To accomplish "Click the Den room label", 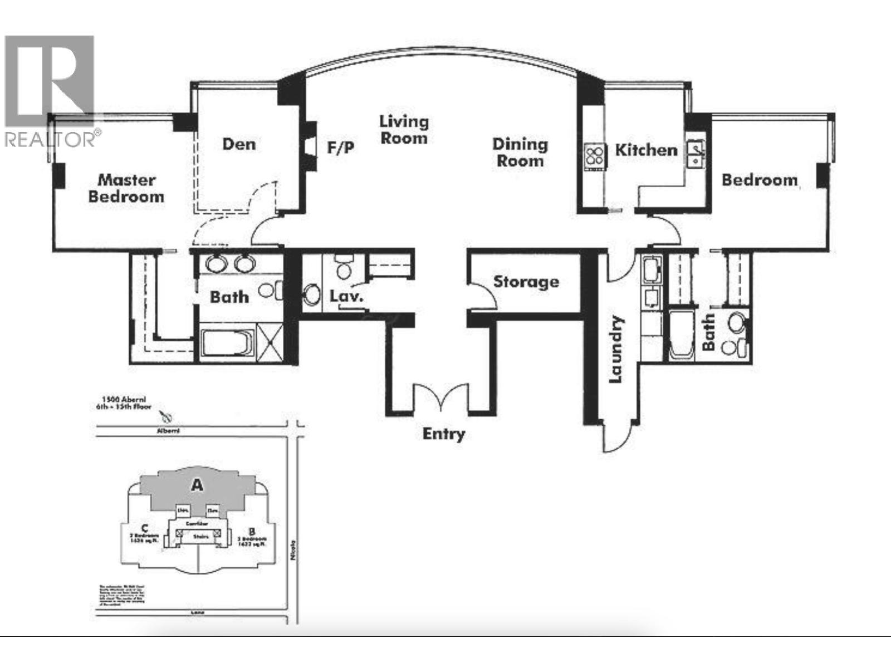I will tap(239, 144).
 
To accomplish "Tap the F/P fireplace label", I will tap(340, 148).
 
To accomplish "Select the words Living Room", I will tap(404, 130).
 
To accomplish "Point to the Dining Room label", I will tap(520, 153).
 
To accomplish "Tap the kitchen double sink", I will tap(696, 153).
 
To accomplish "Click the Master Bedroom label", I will tap(126, 188).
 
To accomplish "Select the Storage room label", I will tap(526, 282).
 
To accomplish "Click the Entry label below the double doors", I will tap(443, 434).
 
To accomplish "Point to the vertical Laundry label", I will tap(616, 350).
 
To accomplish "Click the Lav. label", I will tap(346, 296).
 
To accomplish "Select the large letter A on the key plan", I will tap(197, 485).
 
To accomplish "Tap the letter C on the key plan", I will tap(144, 528).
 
